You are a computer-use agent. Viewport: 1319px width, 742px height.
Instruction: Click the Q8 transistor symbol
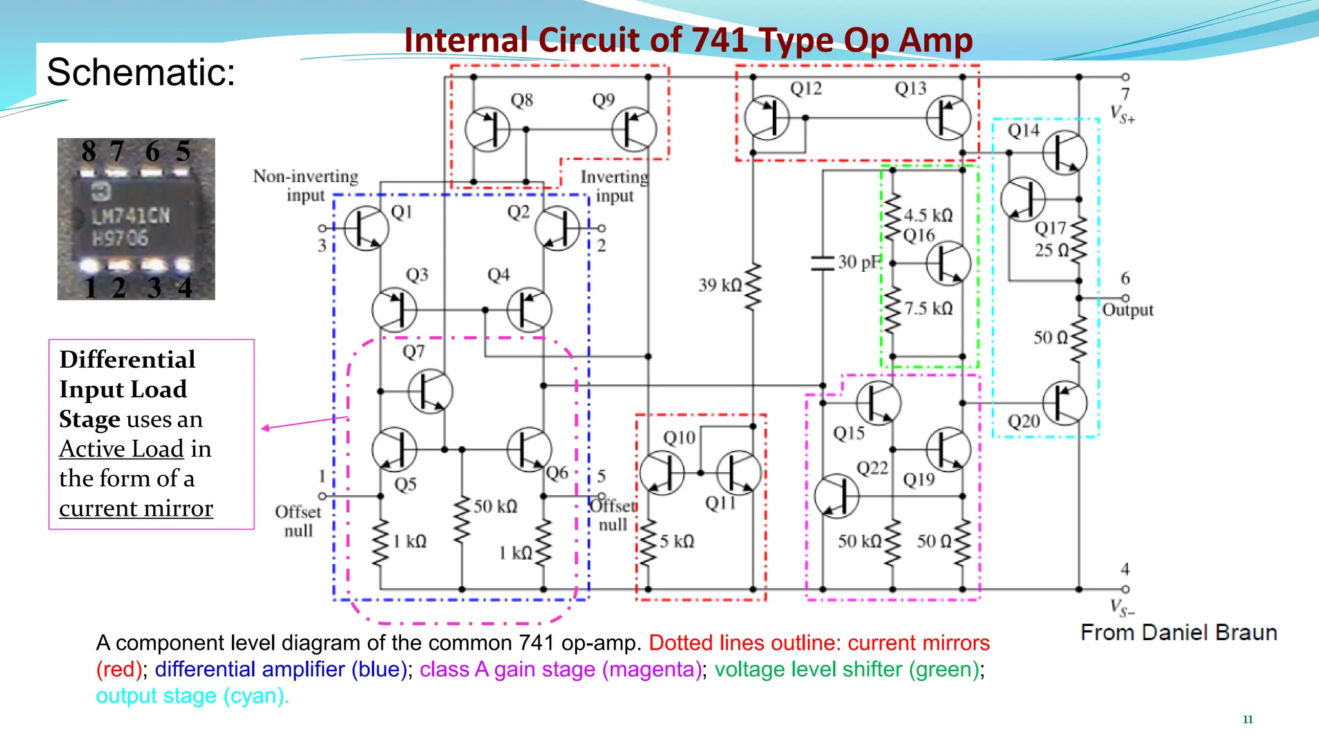coord(488,129)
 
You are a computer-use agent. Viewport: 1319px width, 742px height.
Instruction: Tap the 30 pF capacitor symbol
coord(822,262)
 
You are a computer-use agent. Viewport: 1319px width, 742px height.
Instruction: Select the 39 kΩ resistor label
coord(720,285)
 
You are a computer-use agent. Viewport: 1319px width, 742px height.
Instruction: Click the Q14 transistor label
coord(1023,131)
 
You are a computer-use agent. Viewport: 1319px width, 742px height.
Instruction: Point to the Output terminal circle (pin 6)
coord(1125,298)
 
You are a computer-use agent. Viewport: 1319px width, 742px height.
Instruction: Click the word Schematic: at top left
coord(141,71)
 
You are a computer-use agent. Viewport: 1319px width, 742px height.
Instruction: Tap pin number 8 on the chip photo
coord(89,152)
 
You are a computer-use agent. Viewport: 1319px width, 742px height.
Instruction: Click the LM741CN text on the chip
coord(131,216)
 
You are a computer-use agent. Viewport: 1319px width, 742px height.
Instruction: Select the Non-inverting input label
coord(305,185)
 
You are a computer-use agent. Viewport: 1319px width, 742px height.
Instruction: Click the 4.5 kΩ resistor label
coord(928,215)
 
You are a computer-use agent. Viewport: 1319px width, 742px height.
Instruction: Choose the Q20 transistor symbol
coord(1065,403)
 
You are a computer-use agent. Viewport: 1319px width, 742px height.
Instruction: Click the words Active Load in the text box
coord(122,449)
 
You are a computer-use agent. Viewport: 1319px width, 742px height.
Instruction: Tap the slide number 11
coord(1248,719)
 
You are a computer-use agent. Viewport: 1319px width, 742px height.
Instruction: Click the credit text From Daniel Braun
coord(1179,633)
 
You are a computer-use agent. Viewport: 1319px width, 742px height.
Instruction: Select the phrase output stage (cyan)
coord(193,696)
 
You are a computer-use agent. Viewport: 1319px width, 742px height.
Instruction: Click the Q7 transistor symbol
coord(430,391)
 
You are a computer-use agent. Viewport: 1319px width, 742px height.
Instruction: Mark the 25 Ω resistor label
coord(1051,250)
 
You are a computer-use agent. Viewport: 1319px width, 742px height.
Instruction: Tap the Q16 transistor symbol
coord(948,263)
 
